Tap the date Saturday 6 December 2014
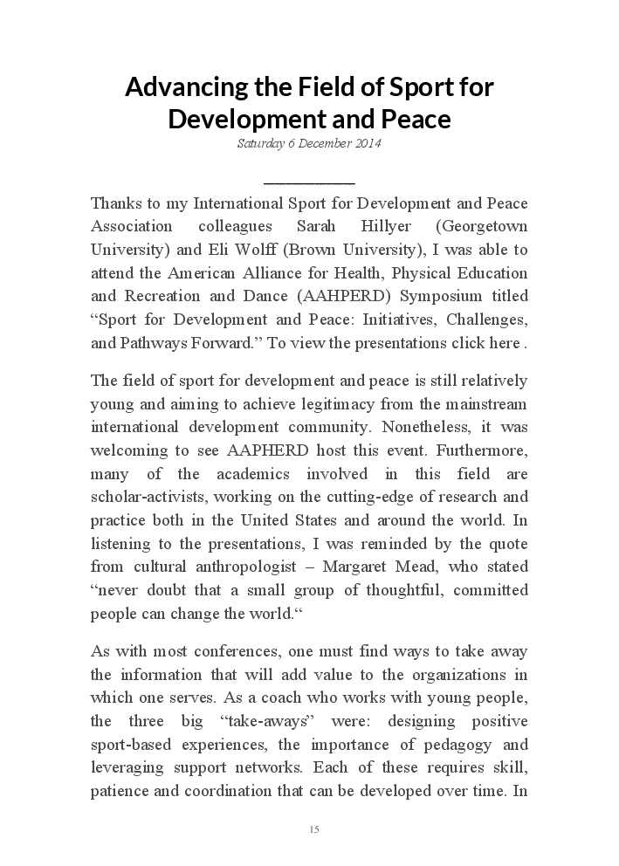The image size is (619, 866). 309,144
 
